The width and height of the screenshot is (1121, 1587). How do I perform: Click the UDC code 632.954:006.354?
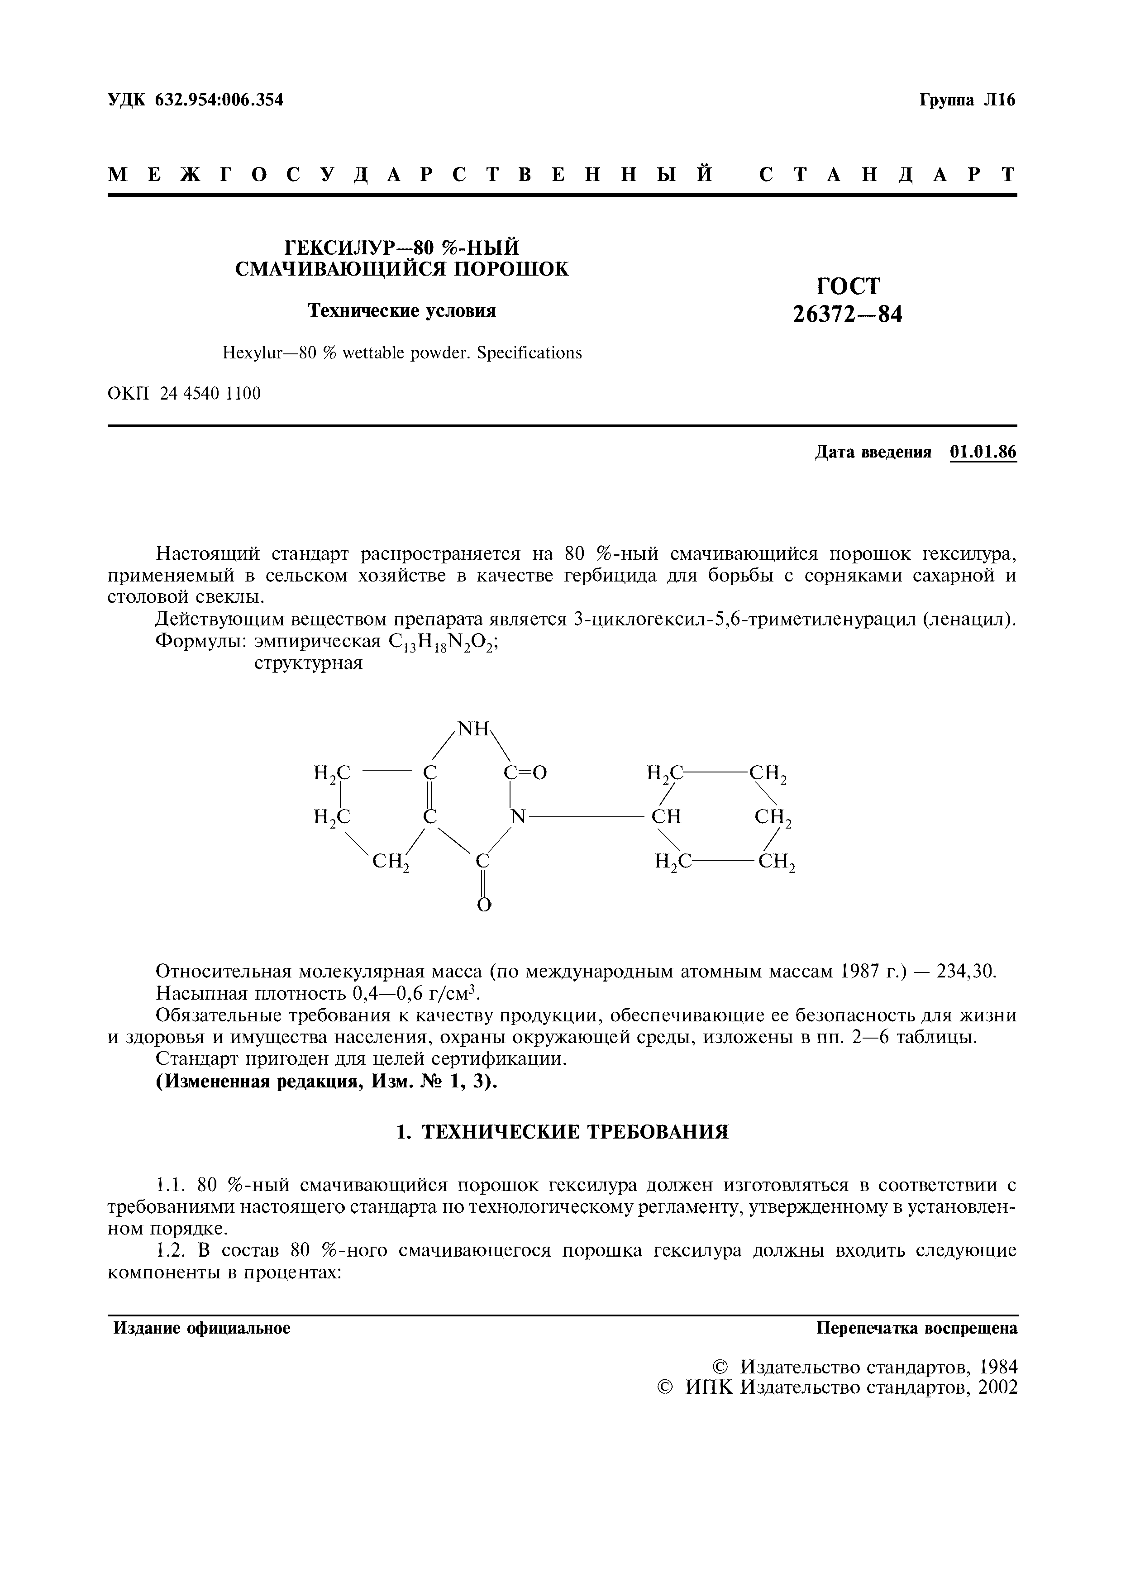click(x=219, y=100)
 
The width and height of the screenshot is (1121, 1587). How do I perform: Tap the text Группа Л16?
click(x=967, y=100)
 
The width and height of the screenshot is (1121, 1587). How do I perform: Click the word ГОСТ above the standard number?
click(x=849, y=286)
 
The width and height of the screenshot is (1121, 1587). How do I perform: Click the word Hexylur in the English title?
click(x=249, y=353)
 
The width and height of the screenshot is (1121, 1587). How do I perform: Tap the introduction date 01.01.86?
click(x=983, y=452)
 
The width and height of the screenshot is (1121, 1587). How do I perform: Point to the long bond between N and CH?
click(x=587, y=817)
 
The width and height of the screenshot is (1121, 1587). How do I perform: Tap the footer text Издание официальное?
click(x=202, y=1329)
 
